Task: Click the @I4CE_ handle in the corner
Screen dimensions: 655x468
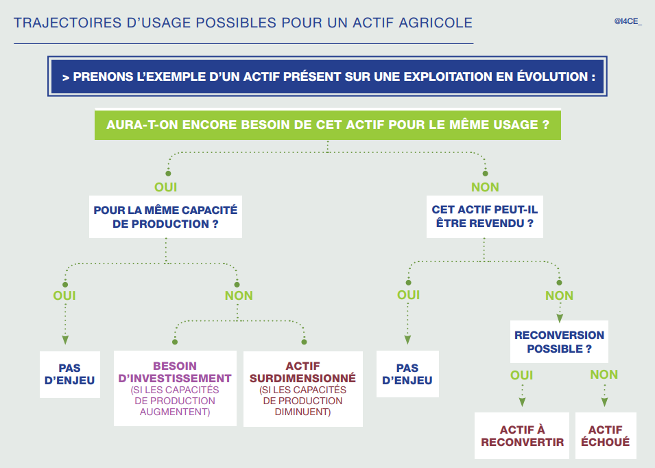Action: click(x=628, y=21)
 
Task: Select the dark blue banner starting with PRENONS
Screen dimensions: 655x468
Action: click(x=327, y=76)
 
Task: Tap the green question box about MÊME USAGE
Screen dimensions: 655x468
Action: click(x=328, y=124)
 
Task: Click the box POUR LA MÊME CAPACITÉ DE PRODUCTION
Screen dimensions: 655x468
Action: click(x=165, y=217)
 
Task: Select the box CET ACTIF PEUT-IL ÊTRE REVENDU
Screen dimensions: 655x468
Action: click(x=485, y=216)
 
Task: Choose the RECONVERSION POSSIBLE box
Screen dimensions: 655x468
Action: click(x=559, y=342)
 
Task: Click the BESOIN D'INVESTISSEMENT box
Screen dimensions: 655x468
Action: click(x=175, y=388)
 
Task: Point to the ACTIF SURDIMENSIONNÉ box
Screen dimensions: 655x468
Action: click(x=303, y=388)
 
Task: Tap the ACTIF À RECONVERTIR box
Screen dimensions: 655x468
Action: click(x=522, y=436)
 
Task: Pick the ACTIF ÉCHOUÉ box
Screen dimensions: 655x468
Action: click(x=606, y=436)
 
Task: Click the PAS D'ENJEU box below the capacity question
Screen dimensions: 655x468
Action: click(x=70, y=375)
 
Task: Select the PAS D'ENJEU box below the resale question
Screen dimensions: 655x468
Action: click(x=407, y=374)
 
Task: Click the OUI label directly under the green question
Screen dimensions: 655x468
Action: click(x=166, y=187)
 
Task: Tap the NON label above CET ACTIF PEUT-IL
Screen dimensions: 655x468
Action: click(x=485, y=187)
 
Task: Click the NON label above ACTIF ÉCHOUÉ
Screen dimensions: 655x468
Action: click(x=604, y=375)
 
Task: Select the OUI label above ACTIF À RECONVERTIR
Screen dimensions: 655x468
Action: click(x=522, y=375)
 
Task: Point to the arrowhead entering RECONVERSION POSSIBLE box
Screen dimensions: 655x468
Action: click(x=560, y=318)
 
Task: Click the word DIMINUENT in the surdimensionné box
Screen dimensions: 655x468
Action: click(x=303, y=412)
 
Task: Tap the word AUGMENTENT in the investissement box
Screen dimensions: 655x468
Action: click(x=175, y=412)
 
